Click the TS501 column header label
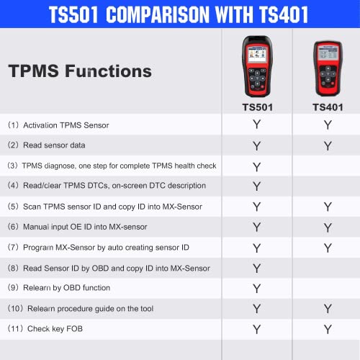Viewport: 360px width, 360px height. click(256, 107)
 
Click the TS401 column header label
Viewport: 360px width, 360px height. click(328, 107)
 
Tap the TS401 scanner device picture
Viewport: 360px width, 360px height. click(328, 70)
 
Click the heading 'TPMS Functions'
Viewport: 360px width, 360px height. click(80, 71)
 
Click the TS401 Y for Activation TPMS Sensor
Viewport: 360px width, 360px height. click(328, 125)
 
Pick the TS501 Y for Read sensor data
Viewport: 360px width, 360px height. click(256, 146)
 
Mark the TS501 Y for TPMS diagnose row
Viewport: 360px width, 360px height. click(256, 166)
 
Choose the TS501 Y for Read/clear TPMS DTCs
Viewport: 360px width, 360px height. click(256, 186)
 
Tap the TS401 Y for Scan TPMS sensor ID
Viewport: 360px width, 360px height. click(328, 207)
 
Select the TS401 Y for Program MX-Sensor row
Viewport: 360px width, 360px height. click(328, 248)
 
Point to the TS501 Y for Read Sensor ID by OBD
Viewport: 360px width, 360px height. click(256, 269)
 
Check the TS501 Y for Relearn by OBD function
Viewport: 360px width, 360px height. click(256, 289)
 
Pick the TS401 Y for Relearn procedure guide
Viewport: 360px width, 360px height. click(328, 309)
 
